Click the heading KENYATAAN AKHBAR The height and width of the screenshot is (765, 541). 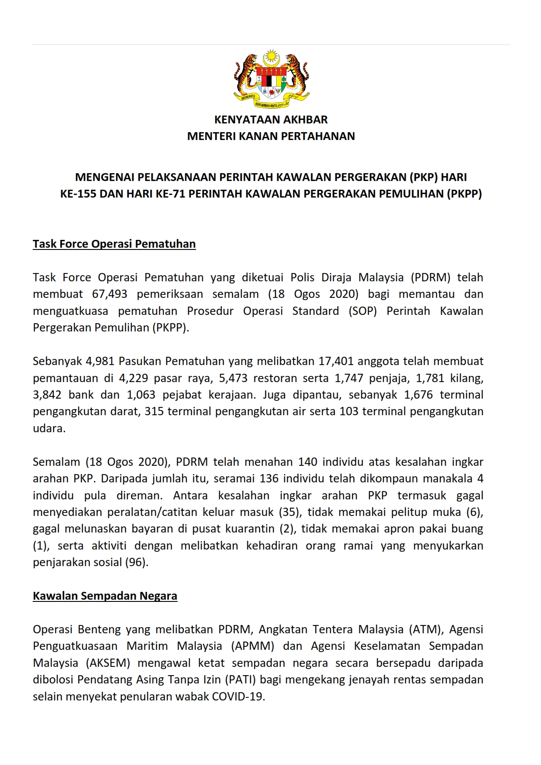[x=271, y=120]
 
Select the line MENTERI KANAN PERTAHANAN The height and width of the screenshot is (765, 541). [x=271, y=136]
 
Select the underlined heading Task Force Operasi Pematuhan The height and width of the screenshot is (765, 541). [x=114, y=244]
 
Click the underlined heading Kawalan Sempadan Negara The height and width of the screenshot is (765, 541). [x=105, y=596]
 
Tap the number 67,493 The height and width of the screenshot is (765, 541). [x=110, y=294]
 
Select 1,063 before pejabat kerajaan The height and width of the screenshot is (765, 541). [x=141, y=395]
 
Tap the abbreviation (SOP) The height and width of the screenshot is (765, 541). [x=362, y=311]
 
